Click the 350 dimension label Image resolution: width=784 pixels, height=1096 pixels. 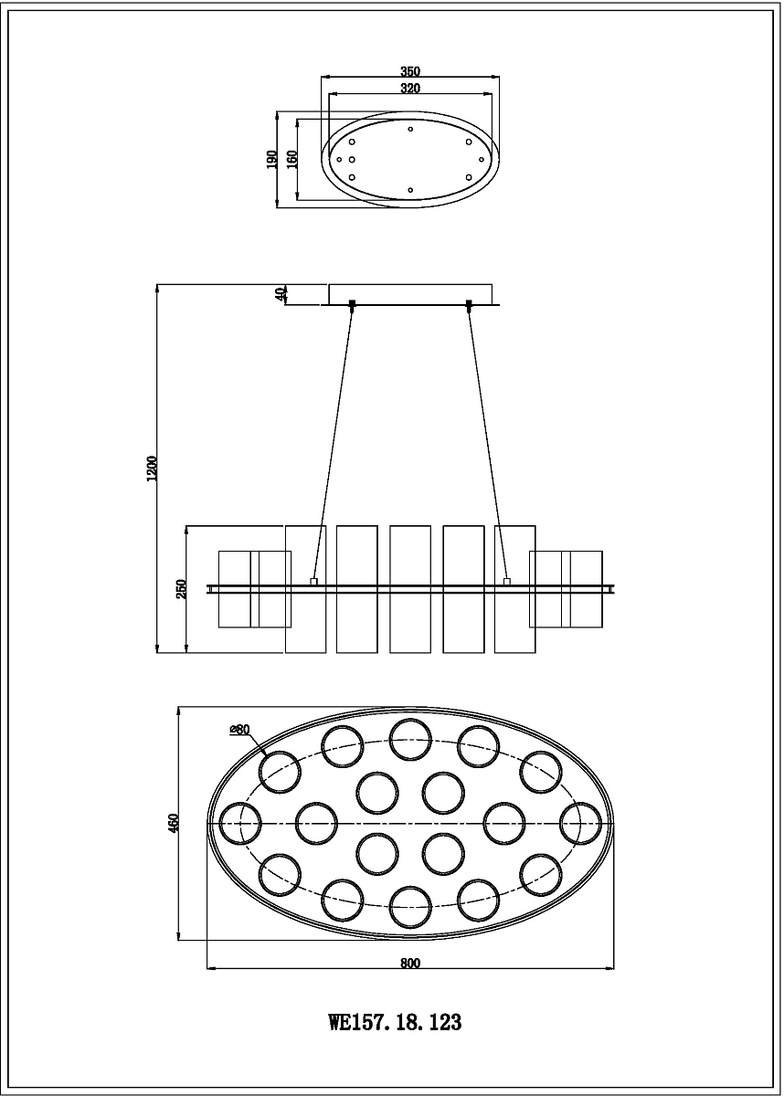[410, 71]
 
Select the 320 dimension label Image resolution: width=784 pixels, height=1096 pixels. [410, 89]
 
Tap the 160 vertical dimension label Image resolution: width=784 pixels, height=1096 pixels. [291, 160]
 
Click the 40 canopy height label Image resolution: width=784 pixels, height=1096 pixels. [281, 294]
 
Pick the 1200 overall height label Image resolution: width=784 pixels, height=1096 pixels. [153, 469]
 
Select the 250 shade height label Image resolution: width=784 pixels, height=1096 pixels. [182, 589]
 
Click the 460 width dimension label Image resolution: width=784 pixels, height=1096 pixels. [174, 823]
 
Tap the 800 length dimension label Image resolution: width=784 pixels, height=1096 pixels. [410, 964]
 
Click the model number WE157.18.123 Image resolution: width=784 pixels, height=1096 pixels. [395, 1023]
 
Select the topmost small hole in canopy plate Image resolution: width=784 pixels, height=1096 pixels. [410, 129]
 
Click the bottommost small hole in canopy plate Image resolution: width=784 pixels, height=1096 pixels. [410, 190]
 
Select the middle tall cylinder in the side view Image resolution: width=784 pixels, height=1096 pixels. [410, 589]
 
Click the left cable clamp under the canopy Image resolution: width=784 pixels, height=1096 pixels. [352, 304]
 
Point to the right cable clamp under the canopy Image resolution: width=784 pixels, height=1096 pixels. [469, 304]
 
